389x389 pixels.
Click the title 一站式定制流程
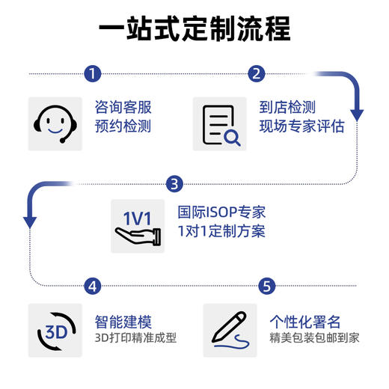(x=194, y=32)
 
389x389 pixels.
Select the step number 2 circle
(x=257, y=74)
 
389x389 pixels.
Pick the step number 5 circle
(x=268, y=286)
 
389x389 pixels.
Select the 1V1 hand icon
(x=137, y=227)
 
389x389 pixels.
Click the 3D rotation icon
(x=55, y=330)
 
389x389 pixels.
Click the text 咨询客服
(x=123, y=107)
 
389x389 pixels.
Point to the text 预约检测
(x=123, y=126)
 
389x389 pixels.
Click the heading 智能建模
(x=123, y=322)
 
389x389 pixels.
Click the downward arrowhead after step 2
(x=357, y=115)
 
